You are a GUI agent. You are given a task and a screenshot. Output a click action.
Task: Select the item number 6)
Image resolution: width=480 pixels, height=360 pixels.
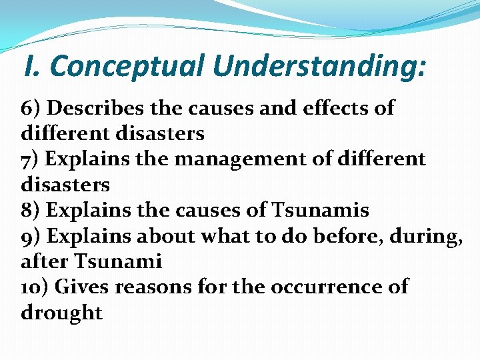[x=32, y=107]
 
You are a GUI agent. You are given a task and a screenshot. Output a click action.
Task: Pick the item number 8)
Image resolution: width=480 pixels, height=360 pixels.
[x=32, y=210]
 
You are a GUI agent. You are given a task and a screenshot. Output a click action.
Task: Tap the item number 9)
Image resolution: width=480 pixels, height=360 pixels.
[x=31, y=235]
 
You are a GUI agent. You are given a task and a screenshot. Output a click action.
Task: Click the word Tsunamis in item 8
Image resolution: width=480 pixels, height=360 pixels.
[x=320, y=210]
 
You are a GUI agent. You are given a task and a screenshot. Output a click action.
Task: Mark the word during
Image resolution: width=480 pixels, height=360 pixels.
[x=427, y=236]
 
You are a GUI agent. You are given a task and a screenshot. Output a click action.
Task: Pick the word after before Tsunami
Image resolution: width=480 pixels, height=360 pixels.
[x=46, y=261]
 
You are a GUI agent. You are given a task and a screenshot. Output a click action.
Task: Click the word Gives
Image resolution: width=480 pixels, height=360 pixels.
[x=81, y=287]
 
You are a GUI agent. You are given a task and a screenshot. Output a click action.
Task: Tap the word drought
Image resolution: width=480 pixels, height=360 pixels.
[x=61, y=313]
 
